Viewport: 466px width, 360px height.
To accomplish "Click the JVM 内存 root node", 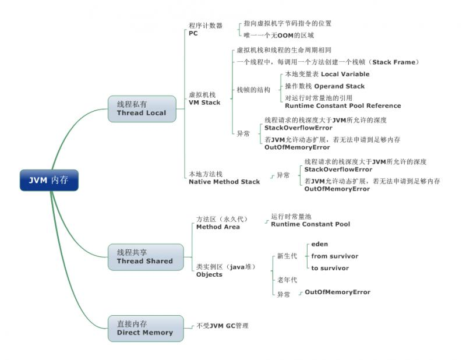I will (49, 180).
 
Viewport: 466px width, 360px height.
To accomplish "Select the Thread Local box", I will (142, 109).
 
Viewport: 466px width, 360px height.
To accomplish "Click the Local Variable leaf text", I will (327, 75).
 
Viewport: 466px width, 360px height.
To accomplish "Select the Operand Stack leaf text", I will (324, 86).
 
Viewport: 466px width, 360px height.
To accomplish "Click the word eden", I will (320, 244).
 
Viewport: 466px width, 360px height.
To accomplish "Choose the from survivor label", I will (334, 256).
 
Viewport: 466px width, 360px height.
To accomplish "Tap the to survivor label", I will (330, 268).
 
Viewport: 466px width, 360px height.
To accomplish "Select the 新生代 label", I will (287, 256).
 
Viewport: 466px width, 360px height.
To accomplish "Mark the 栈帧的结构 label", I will (253, 90).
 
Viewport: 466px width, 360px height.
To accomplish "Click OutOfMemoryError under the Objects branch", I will (337, 292).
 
